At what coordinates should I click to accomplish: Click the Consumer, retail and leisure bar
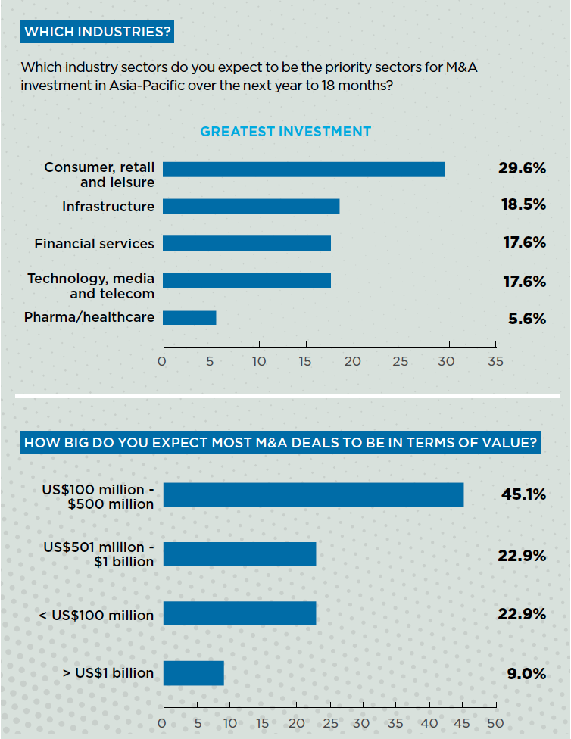tap(303, 170)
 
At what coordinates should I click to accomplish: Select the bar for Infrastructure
tap(251, 206)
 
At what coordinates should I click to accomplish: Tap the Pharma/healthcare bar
tap(189, 318)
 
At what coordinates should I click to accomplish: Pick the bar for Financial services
tap(247, 243)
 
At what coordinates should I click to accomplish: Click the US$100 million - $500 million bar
tap(314, 494)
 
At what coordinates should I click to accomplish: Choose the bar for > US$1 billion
tap(194, 673)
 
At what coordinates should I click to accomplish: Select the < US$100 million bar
tap(239, 613)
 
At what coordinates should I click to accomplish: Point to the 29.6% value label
tap(522, 168)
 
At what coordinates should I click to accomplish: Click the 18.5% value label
tap(524, 206)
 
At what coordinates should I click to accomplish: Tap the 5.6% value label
tap(527, 319)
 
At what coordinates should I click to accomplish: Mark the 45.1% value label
tap(523, 494)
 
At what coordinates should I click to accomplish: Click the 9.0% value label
tap(527, 673)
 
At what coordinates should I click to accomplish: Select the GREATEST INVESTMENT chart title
tap(285, 132)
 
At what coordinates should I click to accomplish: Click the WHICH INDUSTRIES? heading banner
tap(98, 32)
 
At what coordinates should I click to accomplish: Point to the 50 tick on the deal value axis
tap(495, 723)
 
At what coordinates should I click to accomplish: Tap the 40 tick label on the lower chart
tap(429, 723)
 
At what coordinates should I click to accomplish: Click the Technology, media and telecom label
tap(91, 286)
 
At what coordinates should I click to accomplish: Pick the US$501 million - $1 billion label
tap(98, 554)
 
